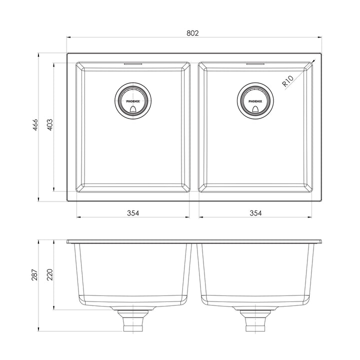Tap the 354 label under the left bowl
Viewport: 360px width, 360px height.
(132, 213)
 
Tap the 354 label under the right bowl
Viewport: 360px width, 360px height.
(255, 213)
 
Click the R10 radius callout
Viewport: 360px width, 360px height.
(288, 81)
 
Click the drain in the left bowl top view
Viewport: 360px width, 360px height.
(132, 100)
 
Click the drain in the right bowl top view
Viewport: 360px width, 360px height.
(255, 100)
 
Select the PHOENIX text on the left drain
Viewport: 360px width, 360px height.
(132, 100)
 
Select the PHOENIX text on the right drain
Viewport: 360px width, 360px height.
(255, 100)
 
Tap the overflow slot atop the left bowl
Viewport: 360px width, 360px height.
(132, 64)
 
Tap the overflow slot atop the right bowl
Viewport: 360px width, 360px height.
(255, 64)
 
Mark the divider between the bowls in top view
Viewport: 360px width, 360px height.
(194, 127)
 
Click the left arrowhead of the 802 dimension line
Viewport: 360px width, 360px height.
(69, 37)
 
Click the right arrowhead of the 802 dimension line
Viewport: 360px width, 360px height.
(319, 37)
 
